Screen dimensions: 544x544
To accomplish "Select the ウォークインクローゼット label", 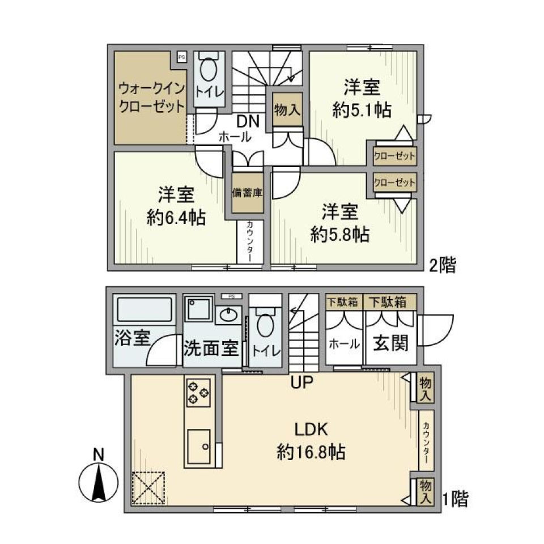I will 151,97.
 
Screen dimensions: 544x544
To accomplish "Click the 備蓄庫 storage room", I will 248,193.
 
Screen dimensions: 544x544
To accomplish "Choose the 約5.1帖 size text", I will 362,110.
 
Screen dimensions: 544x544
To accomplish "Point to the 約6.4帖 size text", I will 176,218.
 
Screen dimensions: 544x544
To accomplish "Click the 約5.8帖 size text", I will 340,234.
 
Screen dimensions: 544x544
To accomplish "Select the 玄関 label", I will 391,343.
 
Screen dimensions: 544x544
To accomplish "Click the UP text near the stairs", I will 302,383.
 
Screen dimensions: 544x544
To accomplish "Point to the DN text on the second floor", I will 248,121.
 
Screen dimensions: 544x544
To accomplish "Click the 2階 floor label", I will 441,265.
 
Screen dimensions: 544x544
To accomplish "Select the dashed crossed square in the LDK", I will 148,487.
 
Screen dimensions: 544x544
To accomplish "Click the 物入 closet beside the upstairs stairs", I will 287,110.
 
